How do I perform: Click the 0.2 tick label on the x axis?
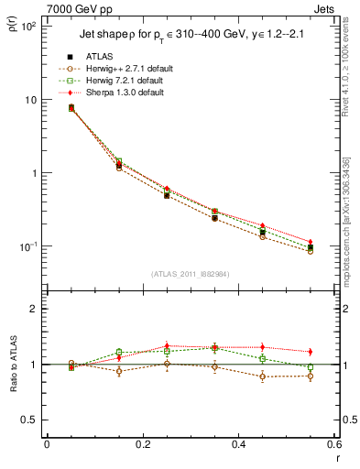[x=142, y=444]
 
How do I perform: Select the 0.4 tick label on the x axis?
[x=237, y=444]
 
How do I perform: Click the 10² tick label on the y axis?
[x=28, y=26]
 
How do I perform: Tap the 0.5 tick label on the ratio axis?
[x=31, y=420]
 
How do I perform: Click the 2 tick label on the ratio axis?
[x=36, y=309]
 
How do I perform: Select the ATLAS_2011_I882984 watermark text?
[x=191, y=273]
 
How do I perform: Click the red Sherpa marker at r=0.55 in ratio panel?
[x=311, y=352]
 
